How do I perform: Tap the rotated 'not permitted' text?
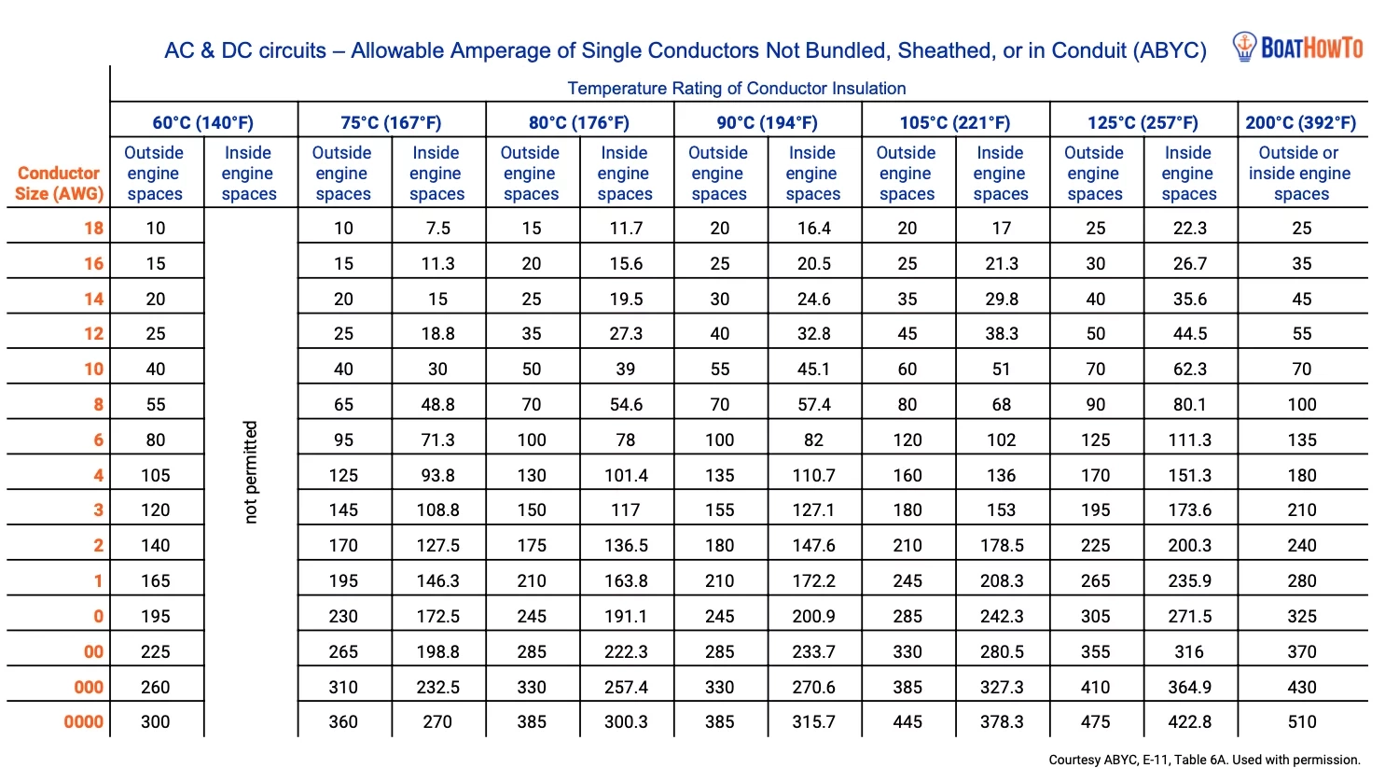coord(250,471)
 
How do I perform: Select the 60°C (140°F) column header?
coord(202,122)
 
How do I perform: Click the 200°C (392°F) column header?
coord(1301,122)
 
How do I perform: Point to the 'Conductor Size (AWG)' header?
coord(58,184)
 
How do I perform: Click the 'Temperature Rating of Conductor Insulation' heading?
coord(736,89)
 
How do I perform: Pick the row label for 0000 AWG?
coord(83,721)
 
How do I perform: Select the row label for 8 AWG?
coord(98,404)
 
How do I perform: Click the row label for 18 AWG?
coord(93,228)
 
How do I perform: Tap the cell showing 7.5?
coord(437,228)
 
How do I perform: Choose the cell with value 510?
coord(1301,721)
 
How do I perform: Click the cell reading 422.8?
coord(1189,721)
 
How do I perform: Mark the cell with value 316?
coord(1189,651)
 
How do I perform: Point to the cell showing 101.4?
coord(626,475)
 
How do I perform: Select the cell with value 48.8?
coord(437,404)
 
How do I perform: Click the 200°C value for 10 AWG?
coord(1301,369)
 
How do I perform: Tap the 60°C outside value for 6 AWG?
coord(155,440)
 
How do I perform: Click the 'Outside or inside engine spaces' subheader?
coord(1300,174)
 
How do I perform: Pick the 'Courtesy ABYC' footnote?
coord(1204,760)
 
